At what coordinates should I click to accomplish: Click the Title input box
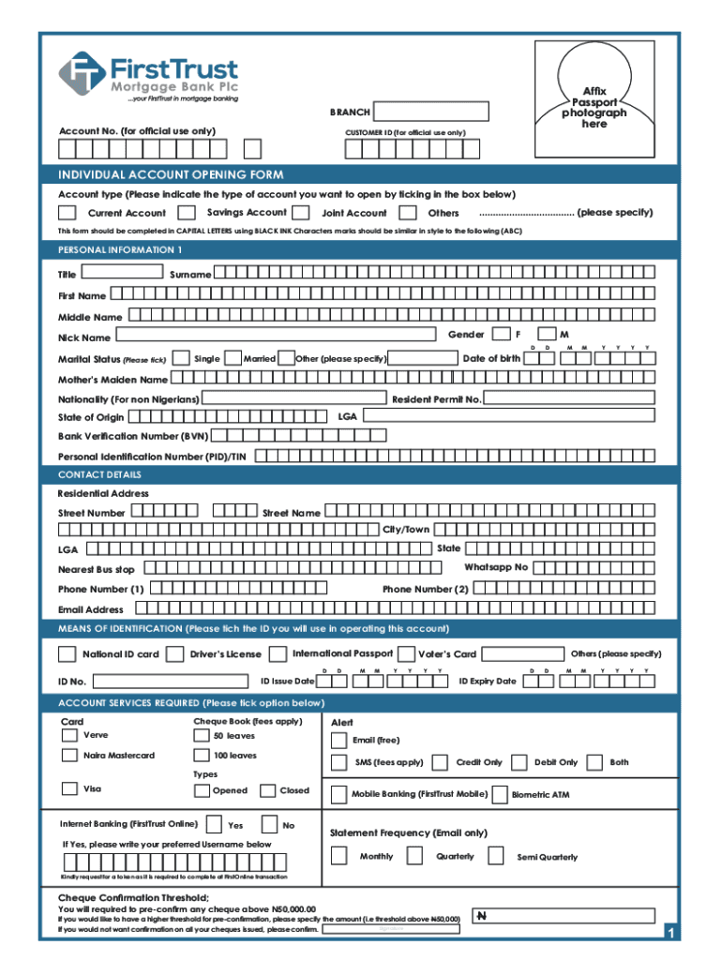123,272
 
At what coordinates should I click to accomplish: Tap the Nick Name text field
276,335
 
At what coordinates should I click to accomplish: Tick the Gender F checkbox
502,334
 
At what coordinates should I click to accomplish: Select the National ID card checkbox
68,654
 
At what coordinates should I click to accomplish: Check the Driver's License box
174,654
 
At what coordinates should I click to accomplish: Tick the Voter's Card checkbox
407,654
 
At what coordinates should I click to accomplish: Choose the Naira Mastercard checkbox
69,756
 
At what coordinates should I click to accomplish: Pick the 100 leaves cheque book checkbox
201,756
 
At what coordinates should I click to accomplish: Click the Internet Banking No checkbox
270,825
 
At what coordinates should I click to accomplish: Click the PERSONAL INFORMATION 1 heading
120,250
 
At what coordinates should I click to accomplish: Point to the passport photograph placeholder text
594,108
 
